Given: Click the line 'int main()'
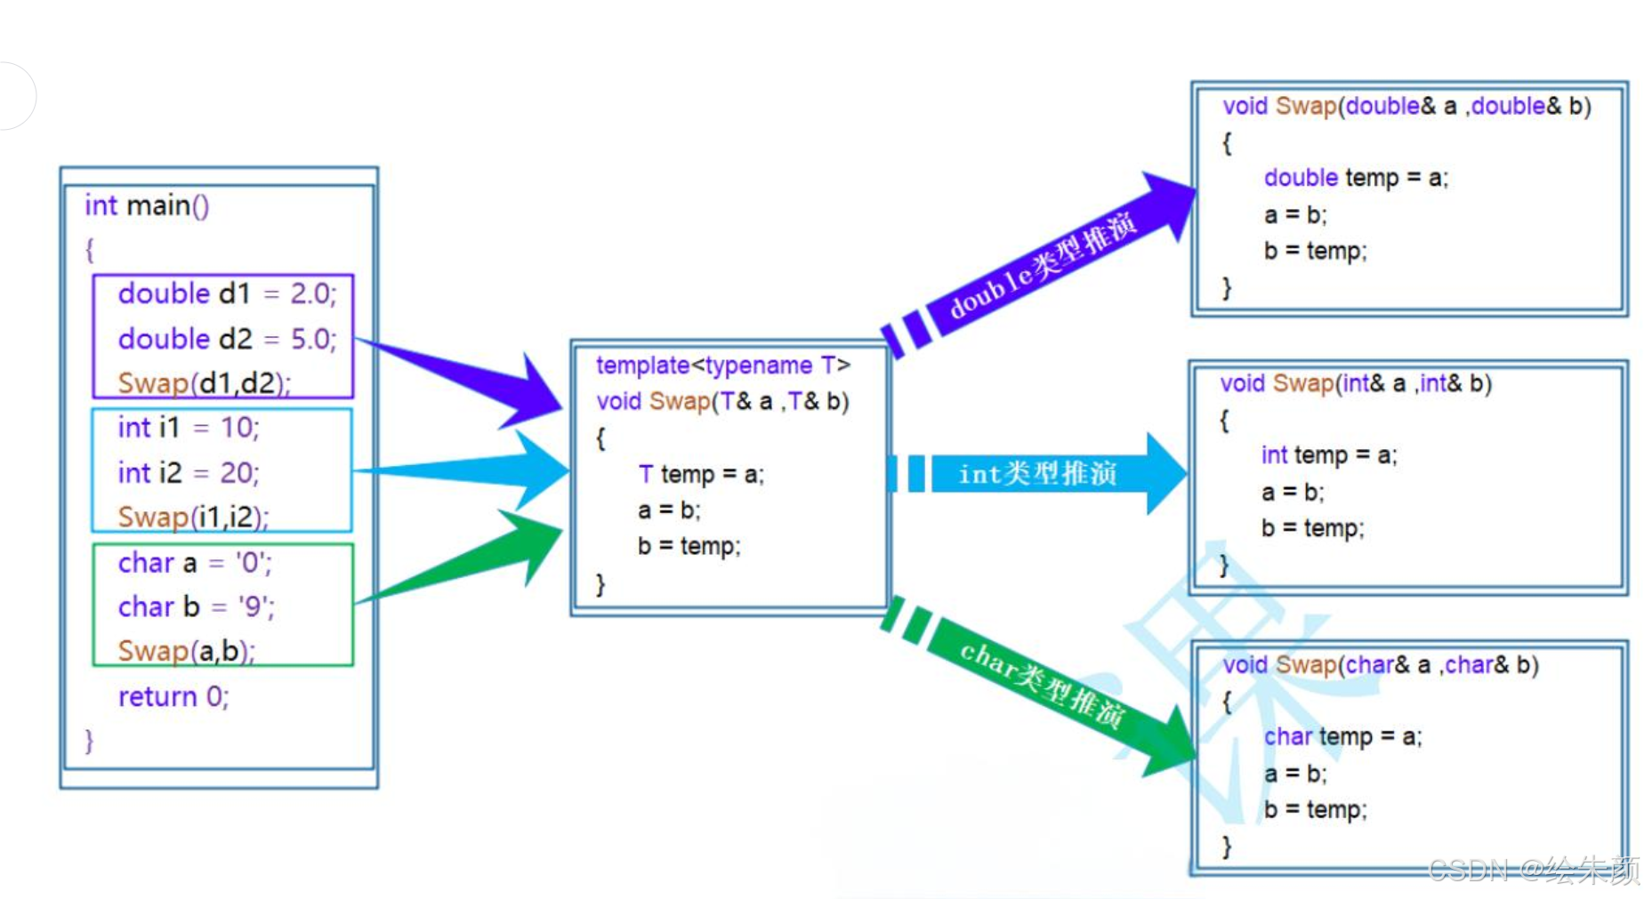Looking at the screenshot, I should pos(147,206).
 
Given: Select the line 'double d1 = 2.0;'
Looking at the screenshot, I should pos(227,293).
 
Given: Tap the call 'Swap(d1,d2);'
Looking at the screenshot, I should pos(204,382).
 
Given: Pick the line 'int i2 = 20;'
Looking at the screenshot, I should pos(188,472).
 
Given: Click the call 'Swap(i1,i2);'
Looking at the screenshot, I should pos(193,517).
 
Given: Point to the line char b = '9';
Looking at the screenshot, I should pos(196,606).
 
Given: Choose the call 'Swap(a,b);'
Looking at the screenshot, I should pos(186,651).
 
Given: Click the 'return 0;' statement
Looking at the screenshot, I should pos(173,696).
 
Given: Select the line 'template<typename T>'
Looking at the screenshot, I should pos(722,365).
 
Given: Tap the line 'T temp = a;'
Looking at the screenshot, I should pos(700,474).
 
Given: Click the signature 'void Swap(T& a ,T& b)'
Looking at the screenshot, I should pos(722,402).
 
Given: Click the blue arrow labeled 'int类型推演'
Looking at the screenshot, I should pos(1037,474).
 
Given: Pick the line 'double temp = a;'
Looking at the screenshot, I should pos(1355,178).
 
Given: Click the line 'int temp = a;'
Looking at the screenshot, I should pos(1328,455).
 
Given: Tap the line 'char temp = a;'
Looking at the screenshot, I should pos(1342,736).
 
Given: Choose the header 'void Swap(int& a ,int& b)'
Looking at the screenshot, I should pos(1355,384).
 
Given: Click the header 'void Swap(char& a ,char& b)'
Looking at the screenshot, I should pos(1380,665).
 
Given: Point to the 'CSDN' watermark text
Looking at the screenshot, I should pos(1468,870).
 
